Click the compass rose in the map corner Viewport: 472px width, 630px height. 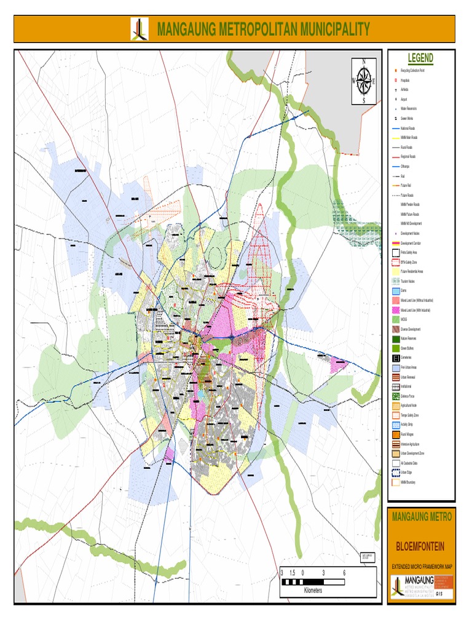[x=363, y=81]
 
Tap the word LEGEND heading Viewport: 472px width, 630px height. [x=420, y=58]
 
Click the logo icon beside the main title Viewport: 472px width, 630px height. [x=140, y=29]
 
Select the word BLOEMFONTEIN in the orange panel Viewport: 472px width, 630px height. [x=420, y=547]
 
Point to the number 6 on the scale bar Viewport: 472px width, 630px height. [x=344, y=573]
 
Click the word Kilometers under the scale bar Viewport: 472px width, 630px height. [x=313, y=590]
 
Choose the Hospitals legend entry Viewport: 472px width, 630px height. [x=405, y=81]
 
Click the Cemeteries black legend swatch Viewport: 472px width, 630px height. [x=395, y=358]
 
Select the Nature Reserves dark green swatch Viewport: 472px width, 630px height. [x=395, y=339]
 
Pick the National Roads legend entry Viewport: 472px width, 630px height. [x=408, y=128]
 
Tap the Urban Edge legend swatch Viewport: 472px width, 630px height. [x=395, y=472]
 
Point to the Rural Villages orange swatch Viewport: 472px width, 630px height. [x=395, y=434]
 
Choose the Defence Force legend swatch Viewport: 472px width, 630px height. [x=395, y=396]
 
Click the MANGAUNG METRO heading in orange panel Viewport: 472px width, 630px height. [x=421, y=517]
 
